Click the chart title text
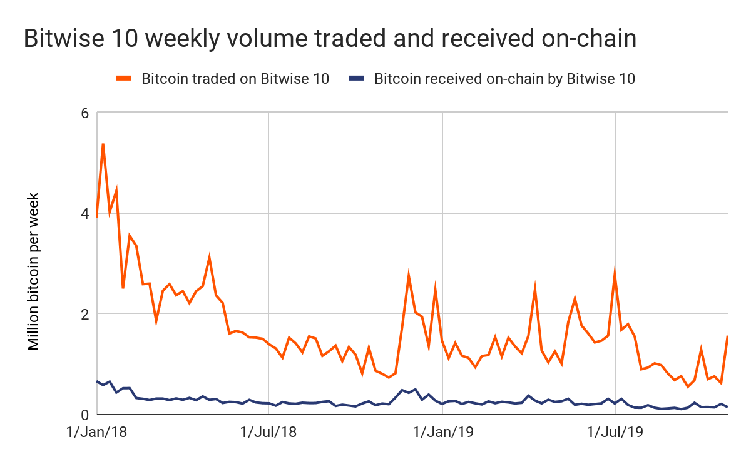coord(330,39)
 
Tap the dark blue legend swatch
coord(357,78)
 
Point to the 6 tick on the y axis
coord(84,113)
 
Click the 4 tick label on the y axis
coord(84,213)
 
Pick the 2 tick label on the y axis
coord(84,314)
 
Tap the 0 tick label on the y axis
coord(84,414)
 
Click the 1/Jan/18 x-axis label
coord(98,432)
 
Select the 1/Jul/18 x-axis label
coord(268,432)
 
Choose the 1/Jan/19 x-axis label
coord(443,432)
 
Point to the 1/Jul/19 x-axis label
coord(616,432)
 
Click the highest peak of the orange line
coord(103,144)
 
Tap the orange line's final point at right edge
coord(727,336)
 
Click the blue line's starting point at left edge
coord(98,381)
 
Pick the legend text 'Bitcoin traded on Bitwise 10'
coord(235,79)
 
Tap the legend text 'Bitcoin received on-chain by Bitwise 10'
coord(504,79)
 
